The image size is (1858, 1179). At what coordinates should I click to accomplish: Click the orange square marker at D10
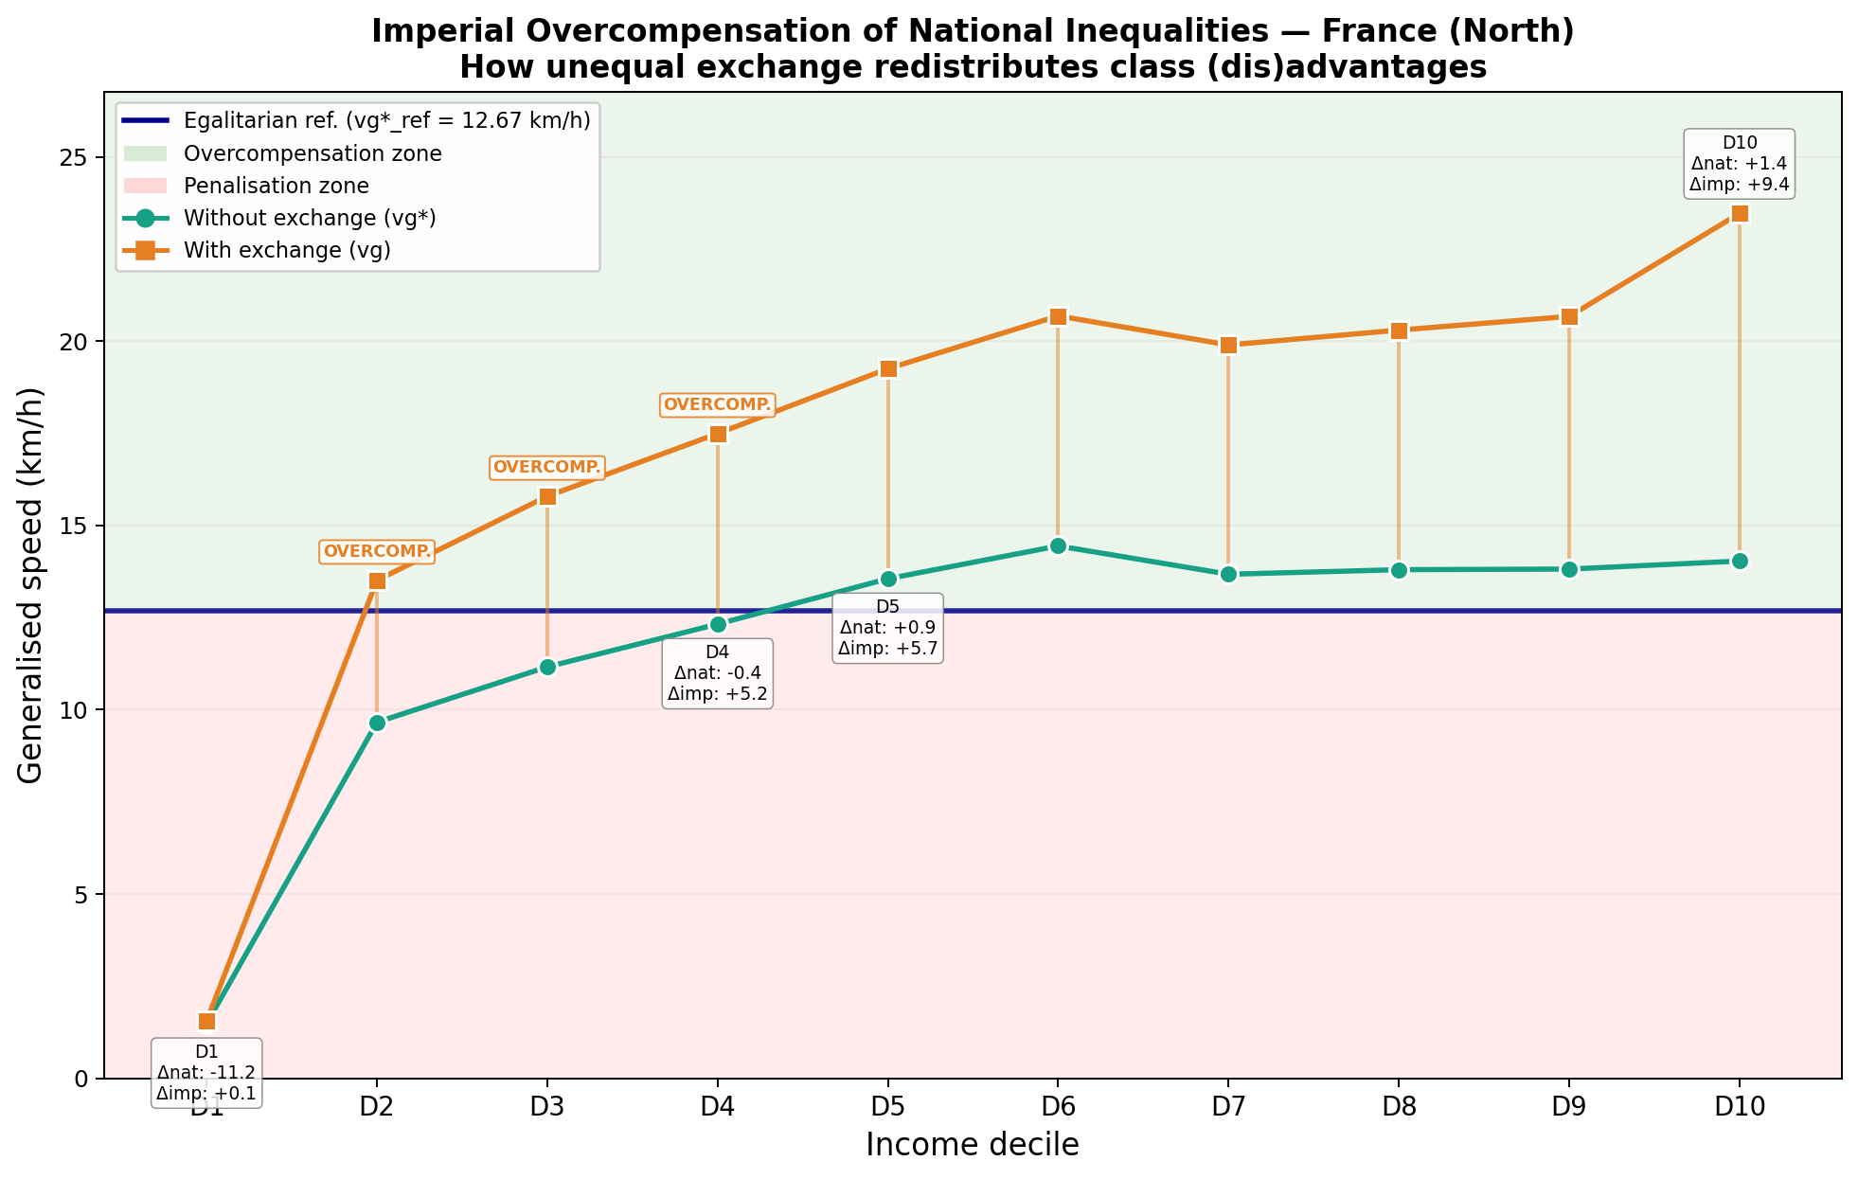(1740, 213)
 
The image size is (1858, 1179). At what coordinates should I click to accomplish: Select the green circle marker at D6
(1058, 545)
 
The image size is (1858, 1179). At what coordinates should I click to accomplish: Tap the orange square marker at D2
(377, 581)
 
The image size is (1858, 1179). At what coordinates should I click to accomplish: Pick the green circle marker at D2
(377, 723)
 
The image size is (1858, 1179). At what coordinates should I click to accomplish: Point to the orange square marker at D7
(1228, 345)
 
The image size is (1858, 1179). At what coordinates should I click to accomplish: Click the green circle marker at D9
(1569, 569)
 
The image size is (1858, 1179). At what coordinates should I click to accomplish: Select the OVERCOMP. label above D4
(717, 405)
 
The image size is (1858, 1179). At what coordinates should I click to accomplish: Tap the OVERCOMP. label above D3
(547, 467)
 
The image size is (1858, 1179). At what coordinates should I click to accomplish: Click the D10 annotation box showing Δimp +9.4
(1740, 164)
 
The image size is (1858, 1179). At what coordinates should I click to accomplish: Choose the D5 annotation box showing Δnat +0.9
(887, 628)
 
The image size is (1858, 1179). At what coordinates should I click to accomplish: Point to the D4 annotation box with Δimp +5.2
(717, 673)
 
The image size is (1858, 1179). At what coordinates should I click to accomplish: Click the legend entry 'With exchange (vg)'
(287, 251)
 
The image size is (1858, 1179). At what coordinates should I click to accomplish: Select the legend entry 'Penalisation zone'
(276, 187)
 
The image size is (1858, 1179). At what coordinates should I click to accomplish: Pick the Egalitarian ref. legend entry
(386, 121)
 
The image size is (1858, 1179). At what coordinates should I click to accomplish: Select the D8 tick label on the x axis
(1399, 1107)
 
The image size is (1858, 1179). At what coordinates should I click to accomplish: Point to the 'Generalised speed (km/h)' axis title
(31, 585)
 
